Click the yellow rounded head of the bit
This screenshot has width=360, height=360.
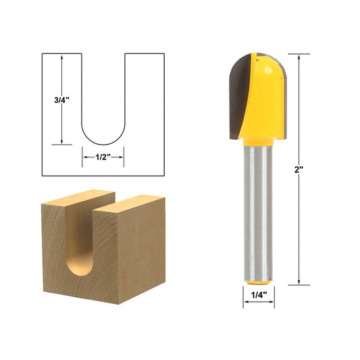(267, 95)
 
